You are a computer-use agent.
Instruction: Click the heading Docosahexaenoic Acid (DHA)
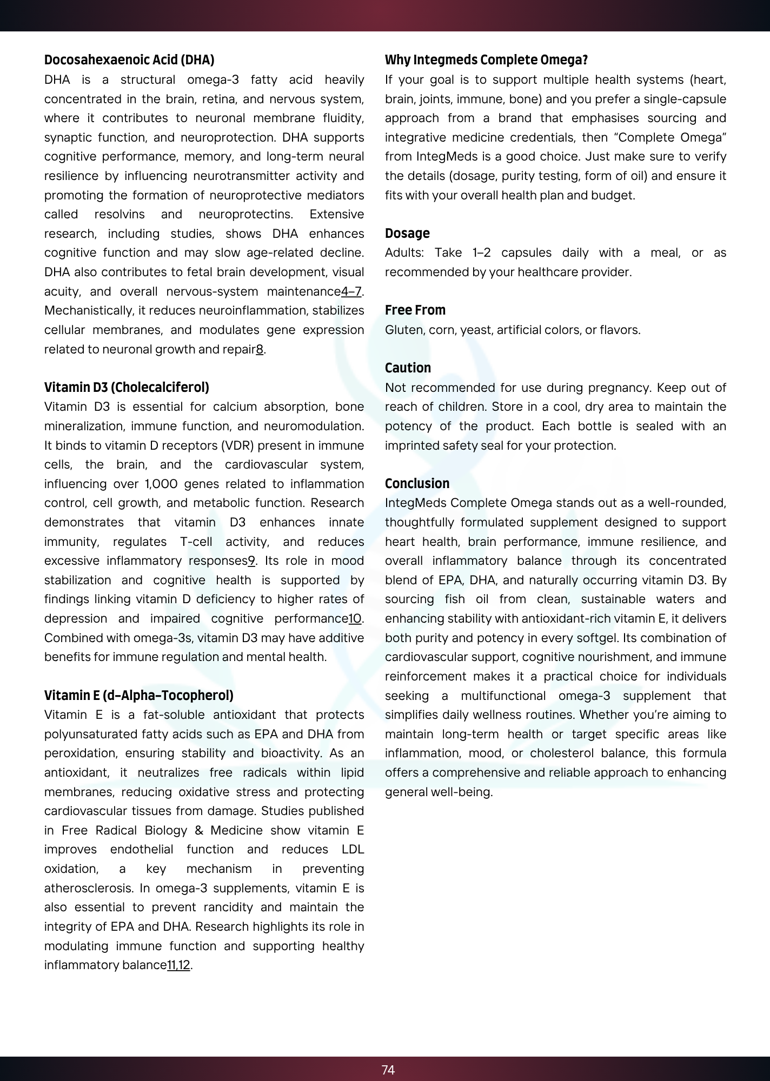[129, 60]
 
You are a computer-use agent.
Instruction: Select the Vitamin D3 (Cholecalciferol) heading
[127, 388]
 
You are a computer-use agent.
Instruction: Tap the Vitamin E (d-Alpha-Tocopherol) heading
[139, 695]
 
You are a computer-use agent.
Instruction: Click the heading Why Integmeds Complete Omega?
[486, 60]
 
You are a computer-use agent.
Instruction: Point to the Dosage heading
[407, 233]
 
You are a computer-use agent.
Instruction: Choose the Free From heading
[415, 310]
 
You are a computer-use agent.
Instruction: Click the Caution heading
[408, 368]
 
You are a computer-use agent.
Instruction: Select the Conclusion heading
[417, 484]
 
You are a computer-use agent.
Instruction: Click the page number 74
[388, 1070]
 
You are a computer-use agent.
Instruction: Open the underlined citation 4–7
[351, 292]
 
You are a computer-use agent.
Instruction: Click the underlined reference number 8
[260, 350]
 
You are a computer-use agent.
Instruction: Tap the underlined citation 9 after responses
[251, 561]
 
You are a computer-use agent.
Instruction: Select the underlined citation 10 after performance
[355, 619]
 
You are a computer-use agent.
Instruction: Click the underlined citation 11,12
[178, 965]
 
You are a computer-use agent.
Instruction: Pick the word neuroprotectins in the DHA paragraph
[245, 215]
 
